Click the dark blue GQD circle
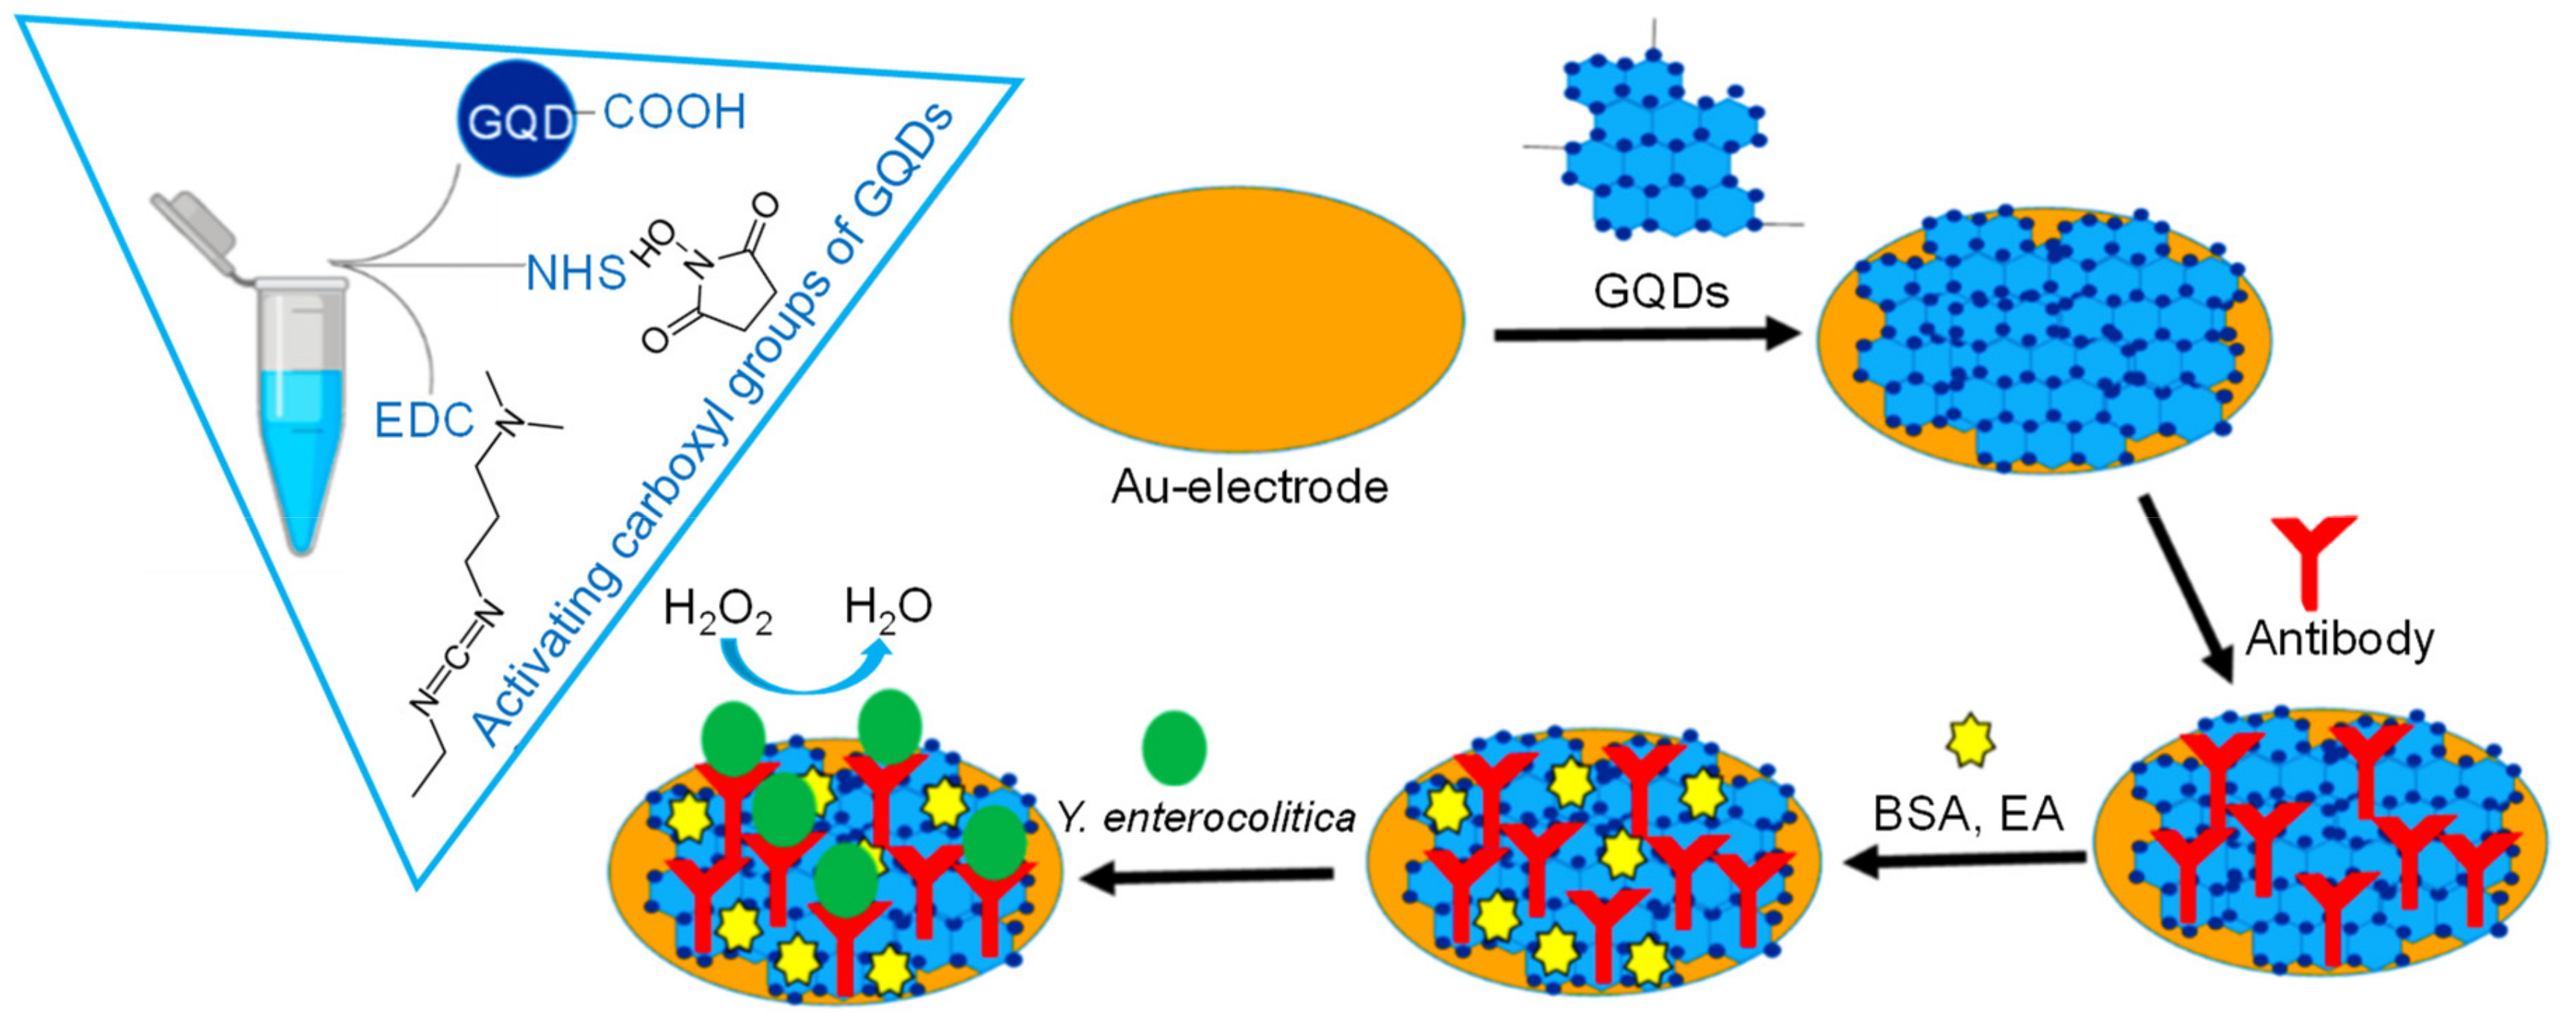(517, 118)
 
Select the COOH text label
(675, 112)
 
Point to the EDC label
(423, 421)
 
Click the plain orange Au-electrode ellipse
(1237, 318)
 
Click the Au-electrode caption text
(1249, 487)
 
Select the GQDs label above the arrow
(1661, 291)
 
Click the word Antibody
(2340, 638)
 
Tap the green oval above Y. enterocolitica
(1175, 747)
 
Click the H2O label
(888, 606)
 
